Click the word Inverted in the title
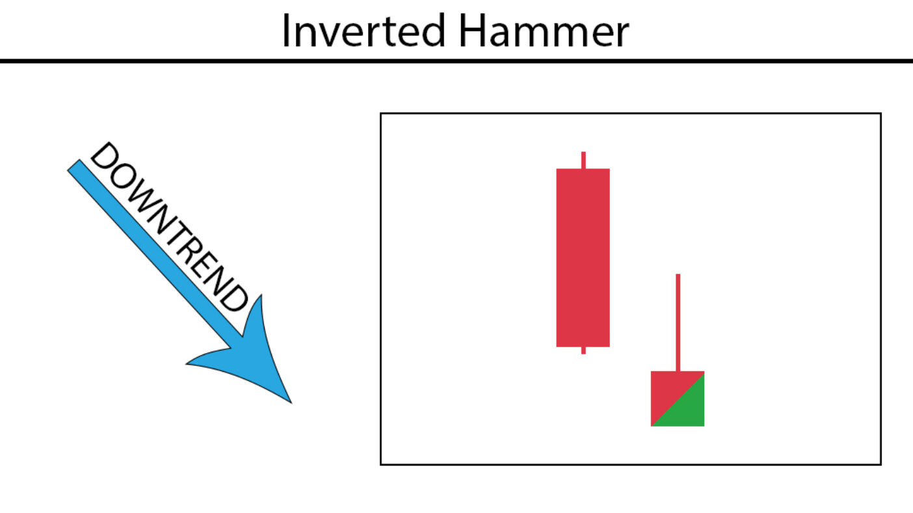point(364,31)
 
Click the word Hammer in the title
point(544,31)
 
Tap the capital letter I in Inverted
point(285,31)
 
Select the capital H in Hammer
point(472,31)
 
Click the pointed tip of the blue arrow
point(291,403)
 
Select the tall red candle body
point(583,257)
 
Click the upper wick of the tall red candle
point(583,160)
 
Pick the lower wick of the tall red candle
point(583,350)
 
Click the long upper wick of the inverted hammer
point(678,322)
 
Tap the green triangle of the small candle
point(687,409)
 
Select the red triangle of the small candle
point(668,389)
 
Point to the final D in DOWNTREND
point(233,297)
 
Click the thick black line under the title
point(456,61)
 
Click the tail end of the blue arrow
point(73,165)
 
